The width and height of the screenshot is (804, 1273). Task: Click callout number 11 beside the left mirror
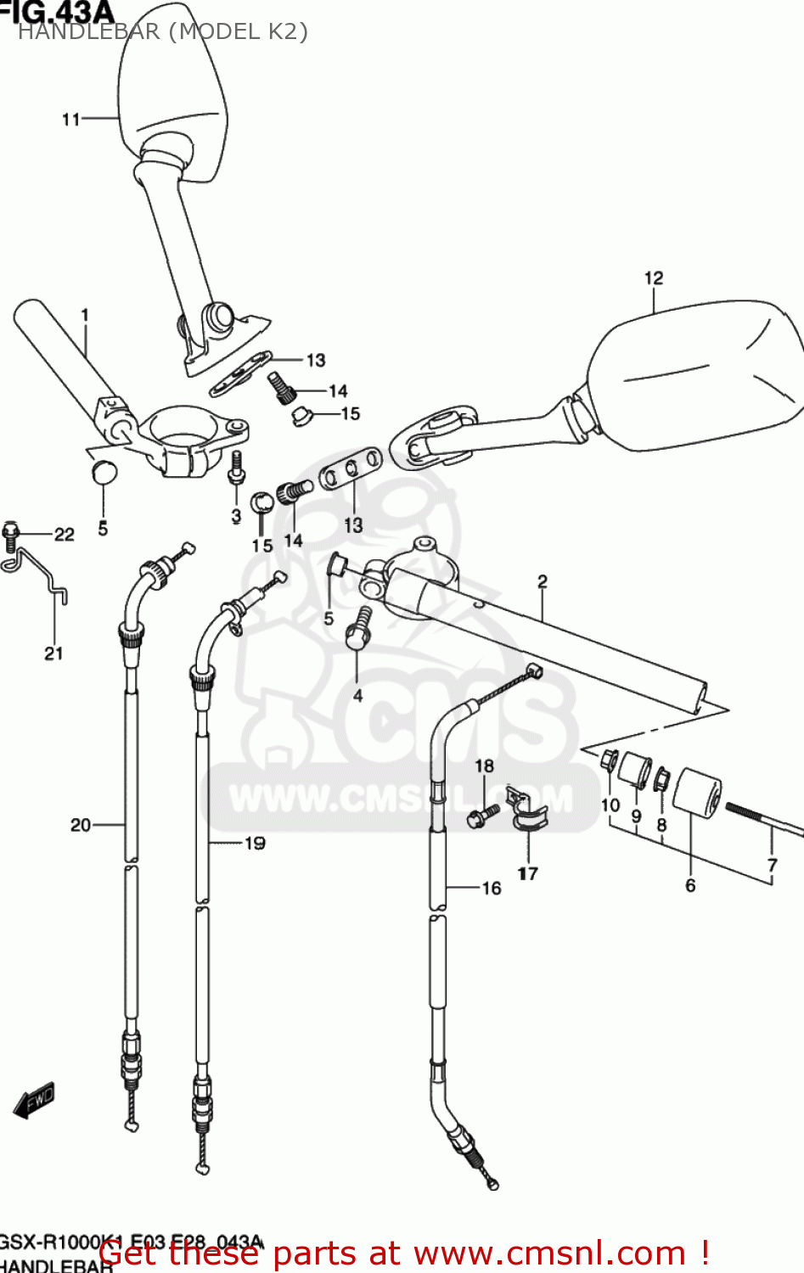pyautogui.click(x=71, y=120)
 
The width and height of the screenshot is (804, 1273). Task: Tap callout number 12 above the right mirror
pyautogui.click(x=653, y=278)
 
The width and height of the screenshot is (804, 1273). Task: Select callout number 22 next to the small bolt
pyautogui.click(x=65, y=534)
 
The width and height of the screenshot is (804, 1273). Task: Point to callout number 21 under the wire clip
pyautogui.click(x=53, y=653)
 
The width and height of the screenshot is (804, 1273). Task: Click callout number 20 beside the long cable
pyautogui.click(x=81, y=824)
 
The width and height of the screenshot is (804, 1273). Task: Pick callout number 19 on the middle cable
pyautogui.click(x=255, y=843)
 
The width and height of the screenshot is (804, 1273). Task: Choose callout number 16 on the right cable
pyautogui.click(x=492, y=888)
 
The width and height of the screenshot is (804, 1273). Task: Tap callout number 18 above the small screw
pyautogui.click(x=484, y=765)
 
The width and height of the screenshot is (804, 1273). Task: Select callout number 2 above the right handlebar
pyautogui.click(x=543, y=581)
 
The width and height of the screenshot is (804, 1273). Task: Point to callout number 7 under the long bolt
pyautogui.click(x=772, y=865)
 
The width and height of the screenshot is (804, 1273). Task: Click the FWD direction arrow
pyautogui.click(x=34, y=1102)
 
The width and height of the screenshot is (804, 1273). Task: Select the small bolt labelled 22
pyautogui.click(x=11, y=533)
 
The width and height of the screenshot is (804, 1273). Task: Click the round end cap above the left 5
pyautogui.click(x=104, y=471)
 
